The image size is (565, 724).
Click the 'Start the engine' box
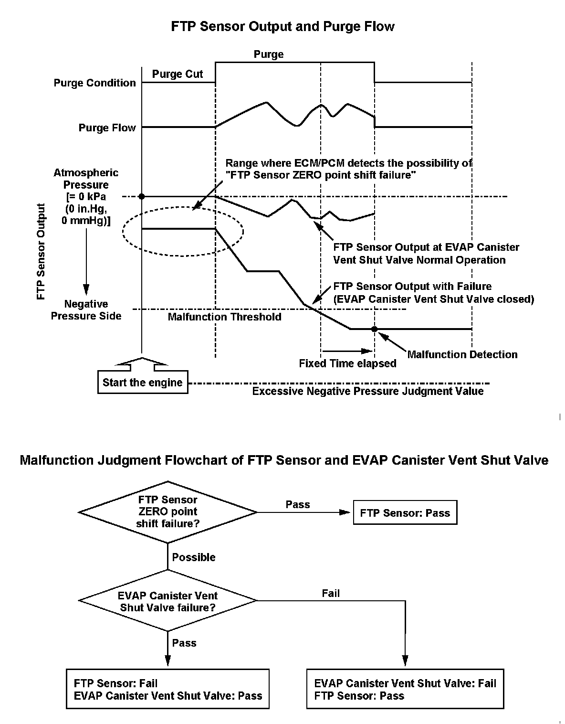coord(142,383)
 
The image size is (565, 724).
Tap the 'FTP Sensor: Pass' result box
coord(405,512)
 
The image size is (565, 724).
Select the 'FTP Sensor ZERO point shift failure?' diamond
coord(168,512)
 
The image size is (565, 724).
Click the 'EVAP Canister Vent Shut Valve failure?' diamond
coord(168,601)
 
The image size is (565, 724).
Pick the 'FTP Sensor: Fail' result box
coord(168,689)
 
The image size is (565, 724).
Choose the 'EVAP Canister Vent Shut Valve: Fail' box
coord(405,689)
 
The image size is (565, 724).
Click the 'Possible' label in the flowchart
coord(194,557)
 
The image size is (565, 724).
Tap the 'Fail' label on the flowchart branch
coord(331,594)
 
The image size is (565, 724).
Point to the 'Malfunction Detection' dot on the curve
coord(375,329)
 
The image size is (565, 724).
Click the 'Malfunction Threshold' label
coord(224,317)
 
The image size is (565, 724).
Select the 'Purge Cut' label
coord(178,74)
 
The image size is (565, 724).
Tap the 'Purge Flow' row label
coord(107,128)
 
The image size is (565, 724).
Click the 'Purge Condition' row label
coord(94,83)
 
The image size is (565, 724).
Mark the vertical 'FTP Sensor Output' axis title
coord(41,251)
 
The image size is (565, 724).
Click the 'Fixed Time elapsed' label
coord(347,363)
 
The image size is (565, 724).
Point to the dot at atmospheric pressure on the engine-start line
coord(142,196)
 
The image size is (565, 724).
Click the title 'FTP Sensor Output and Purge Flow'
coord(282,27)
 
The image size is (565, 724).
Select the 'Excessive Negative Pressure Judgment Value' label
coord(367,392)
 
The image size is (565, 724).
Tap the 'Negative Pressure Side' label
coord(86,310)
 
